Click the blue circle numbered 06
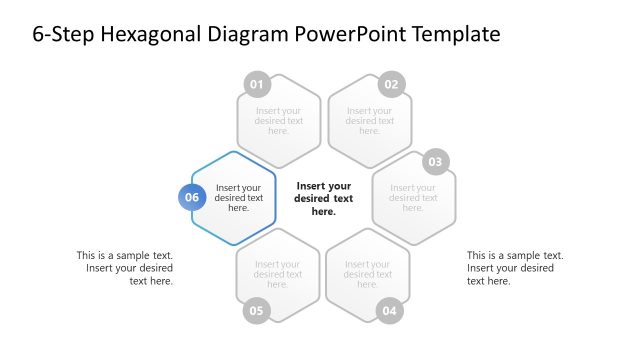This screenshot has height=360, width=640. [192, 197]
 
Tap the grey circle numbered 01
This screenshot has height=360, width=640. [257, 84]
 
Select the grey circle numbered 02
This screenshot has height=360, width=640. [391, 84]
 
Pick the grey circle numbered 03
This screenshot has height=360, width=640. [434, 161]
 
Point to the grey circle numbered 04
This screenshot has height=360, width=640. [390, 310]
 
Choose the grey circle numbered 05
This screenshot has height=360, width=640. [257, 310]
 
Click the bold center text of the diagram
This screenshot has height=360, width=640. [323, 198]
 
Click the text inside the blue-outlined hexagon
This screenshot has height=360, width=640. [239, 197]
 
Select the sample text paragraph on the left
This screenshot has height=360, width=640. [125, 268]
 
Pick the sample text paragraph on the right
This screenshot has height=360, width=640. [514, 268]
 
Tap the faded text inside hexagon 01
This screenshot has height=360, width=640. [279, 121]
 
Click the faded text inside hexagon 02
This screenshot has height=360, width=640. [369, 121]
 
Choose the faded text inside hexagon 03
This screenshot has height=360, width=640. [413, 198]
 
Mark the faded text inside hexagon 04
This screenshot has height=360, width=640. [368, 274]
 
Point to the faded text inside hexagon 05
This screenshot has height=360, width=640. [278, 274]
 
